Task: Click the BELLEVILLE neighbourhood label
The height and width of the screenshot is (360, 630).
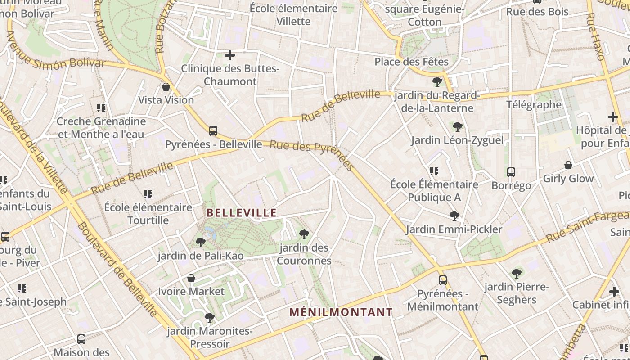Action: click(x=241, y=213)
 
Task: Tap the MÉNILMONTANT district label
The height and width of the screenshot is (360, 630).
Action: click(x=341, y=312)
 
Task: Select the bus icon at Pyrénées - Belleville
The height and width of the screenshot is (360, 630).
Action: click(x=213, y=131)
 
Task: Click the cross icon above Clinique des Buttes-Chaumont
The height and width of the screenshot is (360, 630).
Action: click(x=230, y=55)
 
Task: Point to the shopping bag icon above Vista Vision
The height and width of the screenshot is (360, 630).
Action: click(x=166, y=87)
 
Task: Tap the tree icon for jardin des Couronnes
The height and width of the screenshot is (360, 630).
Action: click(x=304, y=234)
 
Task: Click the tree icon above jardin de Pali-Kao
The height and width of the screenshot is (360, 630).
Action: click(x=201, y=243)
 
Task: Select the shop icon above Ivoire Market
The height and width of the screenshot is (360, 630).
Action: click(x=191, y=278)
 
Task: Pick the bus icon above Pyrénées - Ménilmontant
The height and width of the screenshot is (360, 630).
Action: click(x=443, y=280)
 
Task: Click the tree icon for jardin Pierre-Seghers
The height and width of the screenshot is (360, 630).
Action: click(x=517, y=273)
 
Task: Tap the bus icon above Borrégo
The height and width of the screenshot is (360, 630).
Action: click(x=511, y=172)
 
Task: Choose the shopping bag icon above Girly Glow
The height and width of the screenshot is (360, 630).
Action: click(x=568, y=165)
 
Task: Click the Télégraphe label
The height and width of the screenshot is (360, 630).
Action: click(x=534, y=105)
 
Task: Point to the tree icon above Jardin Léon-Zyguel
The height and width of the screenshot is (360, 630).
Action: click(x=458, y=127)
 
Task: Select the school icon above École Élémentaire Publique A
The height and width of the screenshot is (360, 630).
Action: click(x=434, y=171)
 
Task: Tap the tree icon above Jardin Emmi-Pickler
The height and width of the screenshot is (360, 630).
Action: click(x=454, y=216)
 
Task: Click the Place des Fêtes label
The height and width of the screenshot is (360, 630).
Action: click(x=411, y=62)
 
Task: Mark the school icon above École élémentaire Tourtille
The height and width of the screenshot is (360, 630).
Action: click(x=148, y=194)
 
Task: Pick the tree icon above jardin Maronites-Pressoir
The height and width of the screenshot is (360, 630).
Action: click(x=210, y=318)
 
